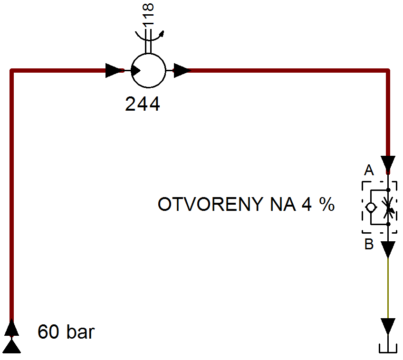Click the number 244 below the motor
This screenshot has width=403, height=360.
click(x=143, y=104)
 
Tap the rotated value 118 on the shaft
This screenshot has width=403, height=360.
click(x=148, y=14)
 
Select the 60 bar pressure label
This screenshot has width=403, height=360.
click(x=66, y=332)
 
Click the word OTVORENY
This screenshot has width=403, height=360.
click(x=211, y=204)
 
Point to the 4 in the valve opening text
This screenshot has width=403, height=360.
click(x=307, y=204)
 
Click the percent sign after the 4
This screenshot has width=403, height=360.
click(x=327, y=204)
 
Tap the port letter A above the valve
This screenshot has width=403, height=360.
click(x=369, y=170)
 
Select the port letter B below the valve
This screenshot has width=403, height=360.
click(x=369, y=244)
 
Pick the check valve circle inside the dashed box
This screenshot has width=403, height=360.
click(x=371, y=207)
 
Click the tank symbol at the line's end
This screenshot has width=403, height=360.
click(x=388, y=349)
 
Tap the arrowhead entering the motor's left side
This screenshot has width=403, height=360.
click(x=115, y=70)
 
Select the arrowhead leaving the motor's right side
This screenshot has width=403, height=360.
click(x=182, y=70)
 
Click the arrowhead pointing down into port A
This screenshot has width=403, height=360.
click(x=388, y=163)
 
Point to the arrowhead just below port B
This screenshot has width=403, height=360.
click(x=388, y=249)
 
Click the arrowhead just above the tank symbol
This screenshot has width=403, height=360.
click(x=388, y=326)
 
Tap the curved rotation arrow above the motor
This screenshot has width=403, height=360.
click(x=150, y=37)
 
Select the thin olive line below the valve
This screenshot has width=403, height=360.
click(x=388, y=288)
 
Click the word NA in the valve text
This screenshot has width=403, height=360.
click(x=283, y=204)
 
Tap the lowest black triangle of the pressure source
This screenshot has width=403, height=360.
click(x=11, y=346)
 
